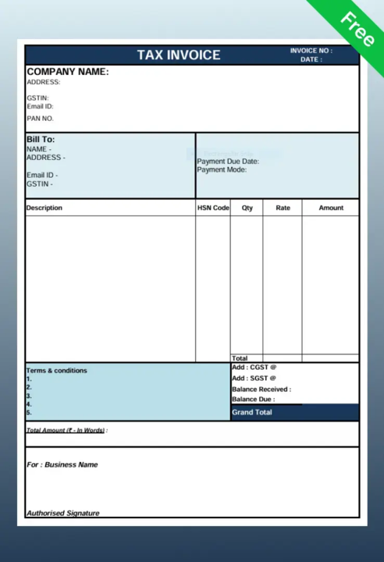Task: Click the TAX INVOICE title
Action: click(179, 55)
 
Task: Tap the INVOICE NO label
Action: click(311, 51)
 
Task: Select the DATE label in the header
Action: click(311, 59)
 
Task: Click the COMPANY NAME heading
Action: click(68, 72)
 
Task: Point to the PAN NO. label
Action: click(40, 119)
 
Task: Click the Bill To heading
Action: click(41, 140)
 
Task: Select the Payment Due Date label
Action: click(228, 162)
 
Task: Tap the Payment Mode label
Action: click(222, 169)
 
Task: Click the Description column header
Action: click(44, 208)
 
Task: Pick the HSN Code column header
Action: click(213, 208)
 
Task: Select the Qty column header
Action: click(247, 208)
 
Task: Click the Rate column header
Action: click(283, 208)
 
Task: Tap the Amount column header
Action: click(331, 208)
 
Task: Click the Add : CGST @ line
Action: click(254, 367)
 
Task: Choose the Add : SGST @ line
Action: click(254, 378)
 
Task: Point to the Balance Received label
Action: click(261, 389)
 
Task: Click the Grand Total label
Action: click(252, 412)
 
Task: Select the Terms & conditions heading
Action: click(57, 371)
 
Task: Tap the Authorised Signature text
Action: click(63, 513)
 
